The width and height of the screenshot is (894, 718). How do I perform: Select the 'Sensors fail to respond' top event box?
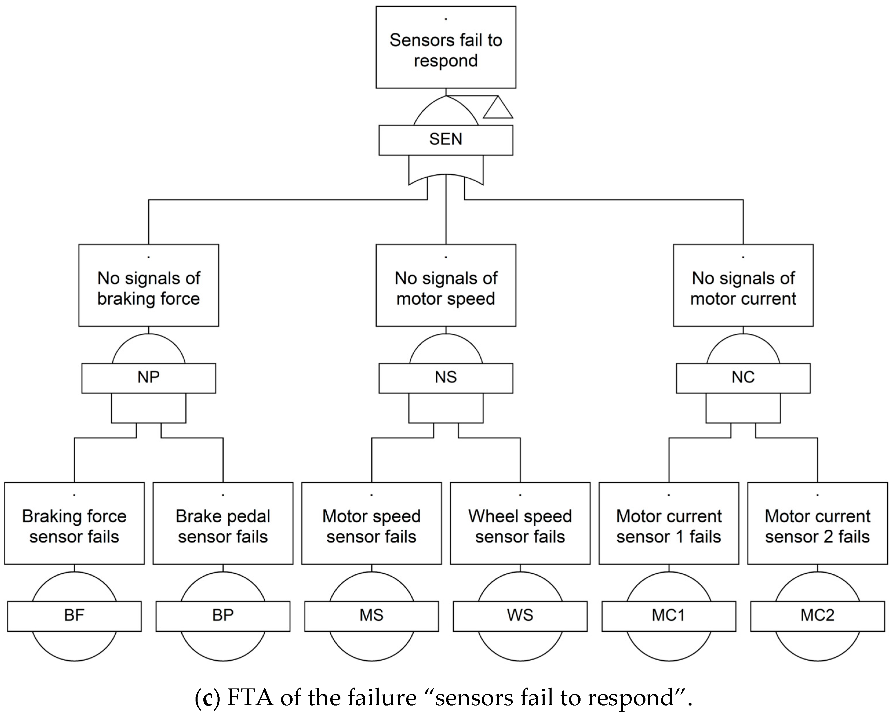pos(446,47)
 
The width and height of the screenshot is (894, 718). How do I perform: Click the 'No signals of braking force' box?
pos(148,285)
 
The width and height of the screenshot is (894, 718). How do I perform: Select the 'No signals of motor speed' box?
pos(446,285)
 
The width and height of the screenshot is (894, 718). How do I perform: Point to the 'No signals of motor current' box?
pos(743,285)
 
